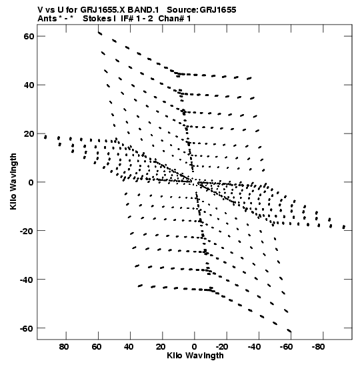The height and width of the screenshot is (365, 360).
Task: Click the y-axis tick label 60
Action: click(x=29, y=36)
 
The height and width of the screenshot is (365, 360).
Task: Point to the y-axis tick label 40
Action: click(x=29, y=85)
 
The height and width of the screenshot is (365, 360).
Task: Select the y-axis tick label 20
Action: click(x=29, y=133)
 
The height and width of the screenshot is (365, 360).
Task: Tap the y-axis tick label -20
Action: click(x=27, y=231)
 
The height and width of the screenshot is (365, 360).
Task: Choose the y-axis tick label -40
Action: click(x=27, y=280)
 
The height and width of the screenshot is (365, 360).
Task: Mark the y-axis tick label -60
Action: click(x=27, y=328)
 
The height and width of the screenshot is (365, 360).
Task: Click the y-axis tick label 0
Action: click(x=31, y=183)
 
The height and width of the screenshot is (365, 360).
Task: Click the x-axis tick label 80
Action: click(x=64, y=347)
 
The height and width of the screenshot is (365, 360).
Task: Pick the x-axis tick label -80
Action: click(x=318, y=347)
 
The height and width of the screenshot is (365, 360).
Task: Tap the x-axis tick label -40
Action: click(x=254, y=347)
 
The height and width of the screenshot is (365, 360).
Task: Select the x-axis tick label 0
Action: click(x=194, y=347)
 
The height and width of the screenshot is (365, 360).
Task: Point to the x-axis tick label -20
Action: click(x=222, y=347)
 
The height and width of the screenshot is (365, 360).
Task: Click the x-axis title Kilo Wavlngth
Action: click(x=195, y=356)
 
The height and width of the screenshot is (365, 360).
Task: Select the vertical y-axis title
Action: click(x=13, y=181)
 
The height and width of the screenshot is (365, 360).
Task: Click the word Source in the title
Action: click(x=183, y=10)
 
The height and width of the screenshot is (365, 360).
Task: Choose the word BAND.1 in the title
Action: click(x=143, y=10)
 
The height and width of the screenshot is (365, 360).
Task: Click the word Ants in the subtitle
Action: click(x=47, y=19)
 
